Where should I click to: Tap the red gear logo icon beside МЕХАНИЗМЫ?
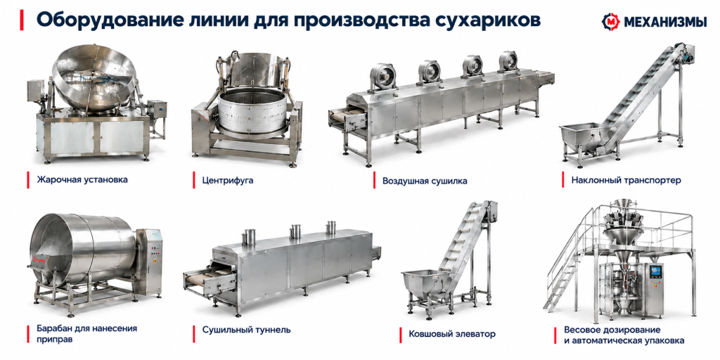[611, 21]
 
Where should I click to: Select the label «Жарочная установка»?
[82, 179]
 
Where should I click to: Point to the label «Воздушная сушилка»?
[425, 181]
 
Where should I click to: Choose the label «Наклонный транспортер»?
[626, 181]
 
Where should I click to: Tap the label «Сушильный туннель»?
[246, 330]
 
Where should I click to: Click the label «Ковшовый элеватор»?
[452, 334]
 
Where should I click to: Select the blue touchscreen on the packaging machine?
[656, 271]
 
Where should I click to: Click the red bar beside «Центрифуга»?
[194, 181]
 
